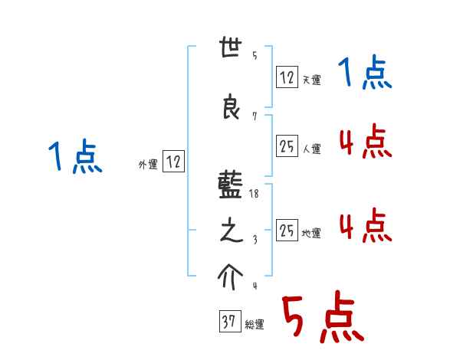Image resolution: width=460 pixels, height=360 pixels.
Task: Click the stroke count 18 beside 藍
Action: pos(255,195)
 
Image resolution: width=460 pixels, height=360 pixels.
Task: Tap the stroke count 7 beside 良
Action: pos(254,116)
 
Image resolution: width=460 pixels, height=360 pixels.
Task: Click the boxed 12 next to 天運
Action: pos(287,77)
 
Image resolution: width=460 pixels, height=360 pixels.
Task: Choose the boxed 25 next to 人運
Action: pos(287,146)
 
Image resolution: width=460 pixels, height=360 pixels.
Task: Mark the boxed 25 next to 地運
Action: pos(287,230)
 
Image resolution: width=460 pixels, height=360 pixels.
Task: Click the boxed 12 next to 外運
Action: pos(174,162)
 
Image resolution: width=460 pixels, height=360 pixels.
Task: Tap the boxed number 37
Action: pos(228,322)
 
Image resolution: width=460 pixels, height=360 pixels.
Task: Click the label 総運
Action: pos(254,325)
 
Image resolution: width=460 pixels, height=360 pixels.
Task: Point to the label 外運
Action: pos(148,164)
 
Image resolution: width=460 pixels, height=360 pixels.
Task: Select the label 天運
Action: pos(311,80)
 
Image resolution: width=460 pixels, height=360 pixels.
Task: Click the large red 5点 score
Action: pos(323,319)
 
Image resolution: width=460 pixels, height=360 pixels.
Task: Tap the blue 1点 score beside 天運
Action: pos(366,74)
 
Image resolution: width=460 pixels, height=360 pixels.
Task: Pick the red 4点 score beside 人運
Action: pos(366,142)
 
